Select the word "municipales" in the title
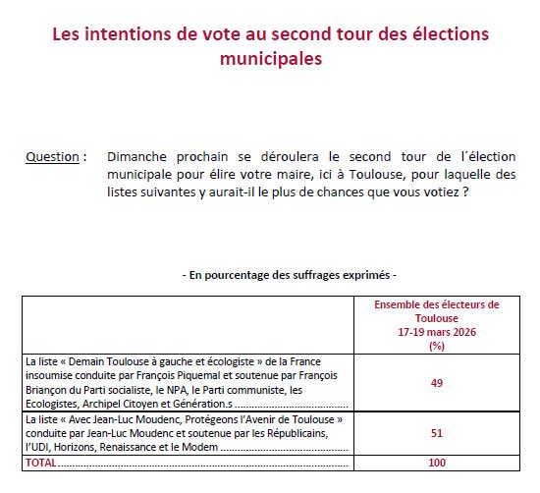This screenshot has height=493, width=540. click(270, 60)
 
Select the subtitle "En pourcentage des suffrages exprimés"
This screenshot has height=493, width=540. click(290, 276)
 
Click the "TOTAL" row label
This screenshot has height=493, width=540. click(41, 461)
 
